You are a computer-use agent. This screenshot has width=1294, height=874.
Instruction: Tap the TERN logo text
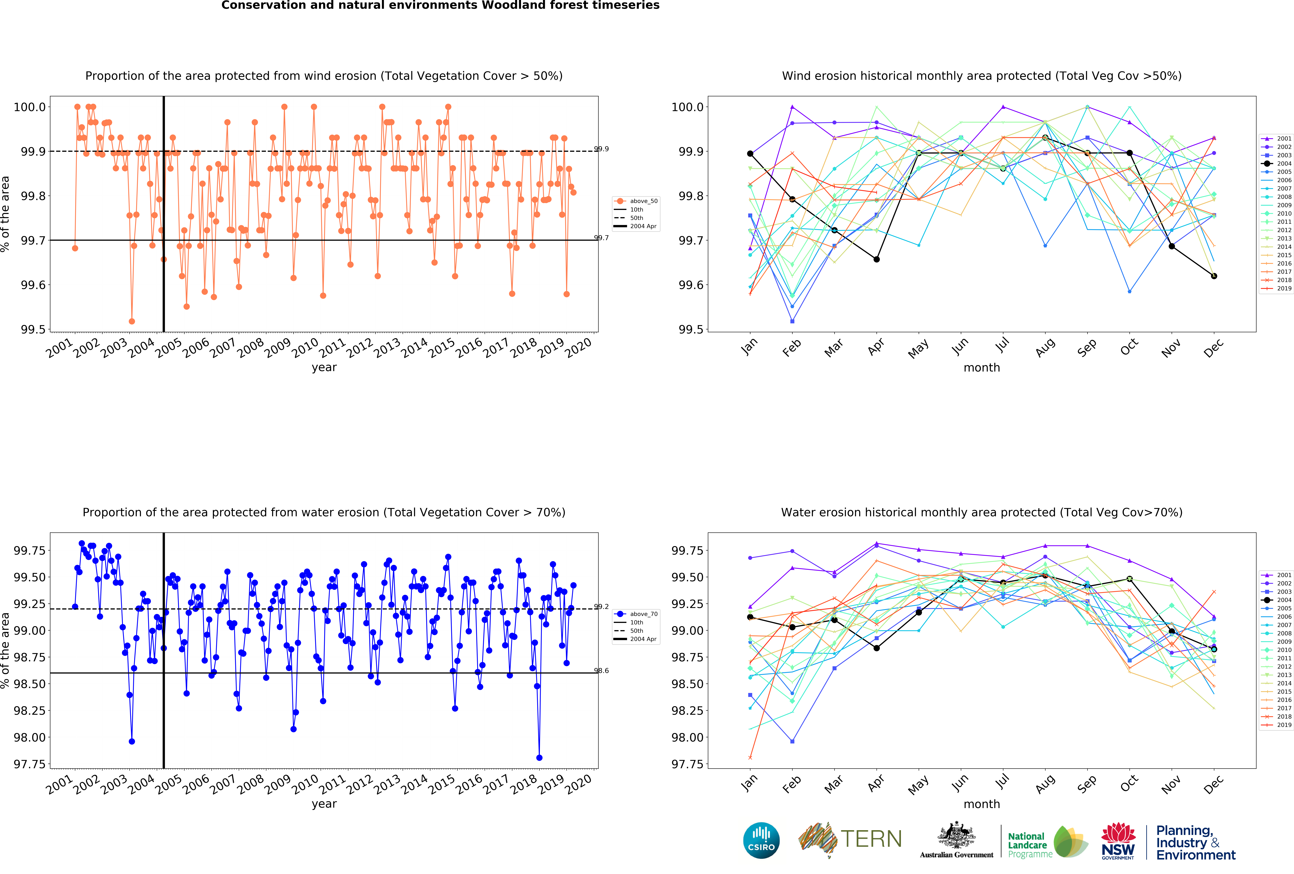(x=871, y=839)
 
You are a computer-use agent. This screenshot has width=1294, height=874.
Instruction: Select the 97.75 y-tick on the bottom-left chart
(x=30, y=764)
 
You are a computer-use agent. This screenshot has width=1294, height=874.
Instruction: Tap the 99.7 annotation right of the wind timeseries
(x=601, y=238)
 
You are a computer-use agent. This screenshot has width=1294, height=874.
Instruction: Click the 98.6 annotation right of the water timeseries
(x=601, y=671)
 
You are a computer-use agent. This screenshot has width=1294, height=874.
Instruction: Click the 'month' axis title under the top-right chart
(x=982, y=367)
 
